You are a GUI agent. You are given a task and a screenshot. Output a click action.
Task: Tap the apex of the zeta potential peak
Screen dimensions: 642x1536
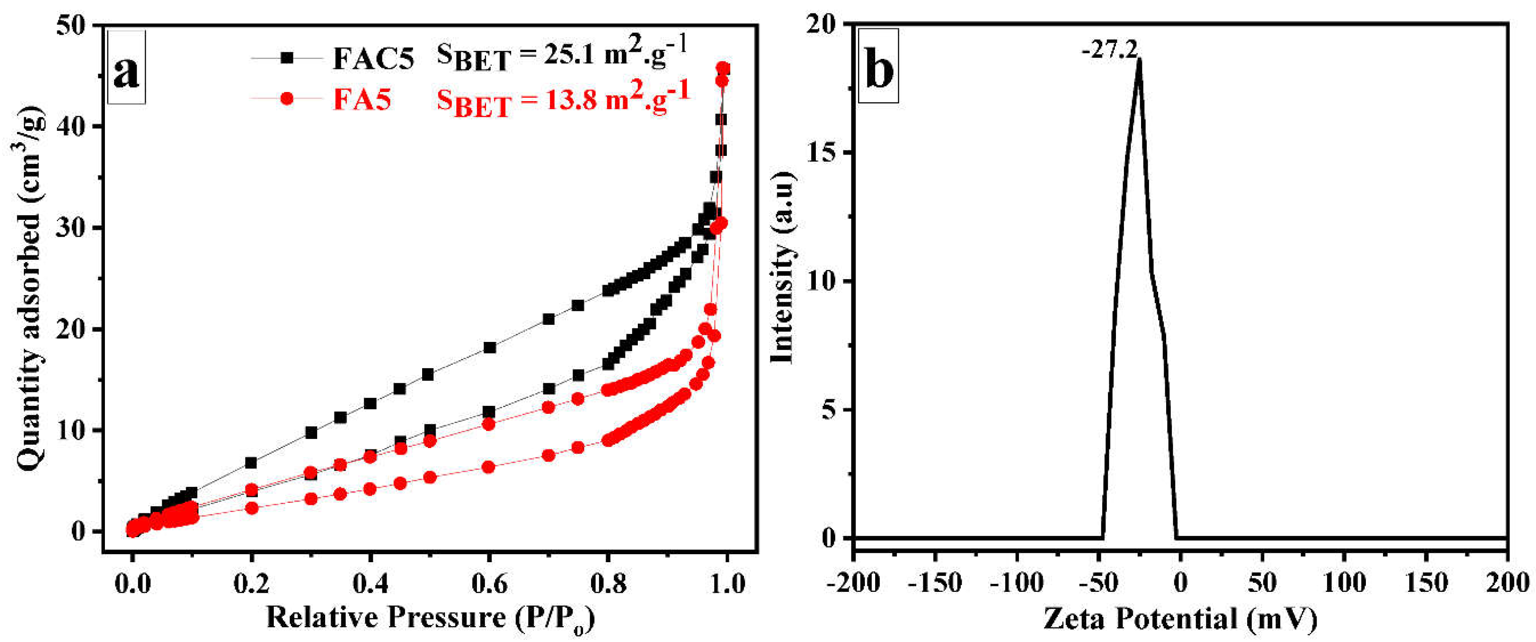click(1139, 60)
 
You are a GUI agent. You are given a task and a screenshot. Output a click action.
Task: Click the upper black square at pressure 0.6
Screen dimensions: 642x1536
click(489, 347)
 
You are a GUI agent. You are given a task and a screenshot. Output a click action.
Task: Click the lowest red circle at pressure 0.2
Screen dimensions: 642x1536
click(252, 508)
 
